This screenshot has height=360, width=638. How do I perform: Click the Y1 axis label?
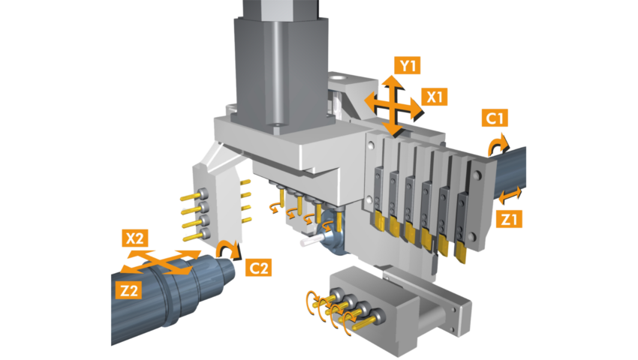click(408, 65)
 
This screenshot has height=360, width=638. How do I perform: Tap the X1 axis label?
click(434, 97)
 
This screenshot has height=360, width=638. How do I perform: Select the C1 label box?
click(495, 118)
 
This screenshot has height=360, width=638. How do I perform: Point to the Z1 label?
click(509, 220)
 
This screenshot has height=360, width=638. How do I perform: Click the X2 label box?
click(135, 238)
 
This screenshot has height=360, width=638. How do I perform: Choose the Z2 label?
click(128, 290)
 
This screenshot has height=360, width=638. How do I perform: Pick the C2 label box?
click(259, 268)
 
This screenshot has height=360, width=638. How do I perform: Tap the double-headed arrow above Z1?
click(510, 195)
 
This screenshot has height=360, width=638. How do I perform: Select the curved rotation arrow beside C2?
click(229, 248)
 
